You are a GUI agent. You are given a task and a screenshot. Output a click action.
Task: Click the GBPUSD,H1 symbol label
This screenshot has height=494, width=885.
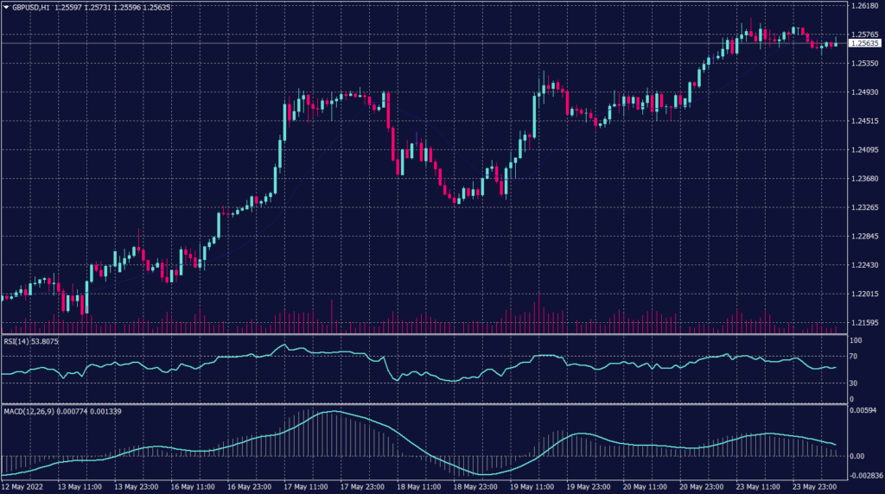[30, 6]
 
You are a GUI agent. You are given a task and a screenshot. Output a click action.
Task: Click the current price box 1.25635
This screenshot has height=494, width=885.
[865, 42]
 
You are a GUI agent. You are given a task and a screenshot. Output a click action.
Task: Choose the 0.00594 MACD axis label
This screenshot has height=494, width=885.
[864, 410]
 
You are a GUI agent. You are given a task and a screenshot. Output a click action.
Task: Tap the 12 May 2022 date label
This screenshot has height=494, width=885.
[22, 486]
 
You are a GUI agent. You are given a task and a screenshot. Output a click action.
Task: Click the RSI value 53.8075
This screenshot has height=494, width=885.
[44, 341]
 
